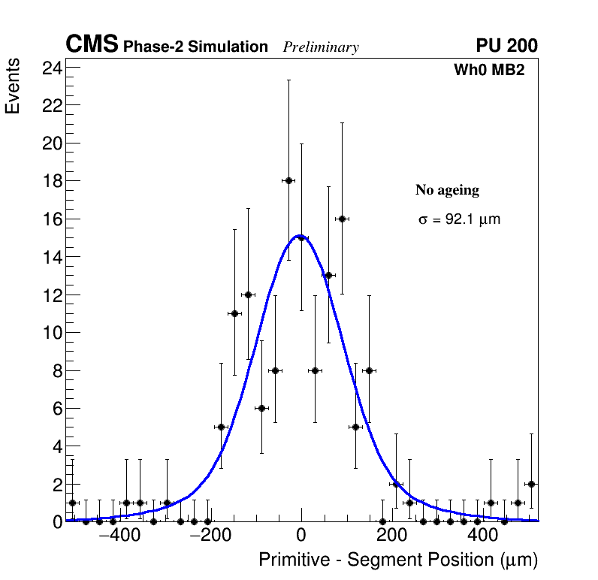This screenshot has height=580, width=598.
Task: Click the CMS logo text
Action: pyautogui.click(x=92, y=45)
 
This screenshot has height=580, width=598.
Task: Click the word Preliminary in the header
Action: pyautogui.click(x=321, y=47)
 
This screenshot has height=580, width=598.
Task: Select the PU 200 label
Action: pyautogui.click(x=506, y=46)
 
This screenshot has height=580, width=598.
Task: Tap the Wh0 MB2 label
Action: pyautogui.click(x=488, y=70)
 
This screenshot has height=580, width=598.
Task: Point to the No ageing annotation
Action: pyautogui.click(x=447, y=191)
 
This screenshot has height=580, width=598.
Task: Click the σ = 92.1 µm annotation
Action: pyautogui.click(x=459, y=220)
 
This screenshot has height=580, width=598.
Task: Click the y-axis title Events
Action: pyautogui.click(x=13, y=89)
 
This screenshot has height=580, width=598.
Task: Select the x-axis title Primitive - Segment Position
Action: pyautogui.click(x=398, y=560)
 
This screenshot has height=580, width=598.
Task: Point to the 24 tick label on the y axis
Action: pyautogui.click(x=52, y=68)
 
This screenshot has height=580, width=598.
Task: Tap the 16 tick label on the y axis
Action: pyautogui.click(x=52, y=219)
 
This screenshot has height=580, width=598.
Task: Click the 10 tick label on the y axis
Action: pyautogui.click(x=52, y=333)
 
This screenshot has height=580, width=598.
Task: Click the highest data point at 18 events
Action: pyautogui.click(x=288, y=180)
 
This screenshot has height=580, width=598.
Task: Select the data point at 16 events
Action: pyautogui.click(x=342, y=219)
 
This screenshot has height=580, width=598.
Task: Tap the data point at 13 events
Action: pyautogui.click(x=328, y=275)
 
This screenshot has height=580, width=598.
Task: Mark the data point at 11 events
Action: pyautogui.click(x=234, y=313)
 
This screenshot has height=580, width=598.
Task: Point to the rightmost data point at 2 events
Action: pyautogui.click(x=531, y=484)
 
